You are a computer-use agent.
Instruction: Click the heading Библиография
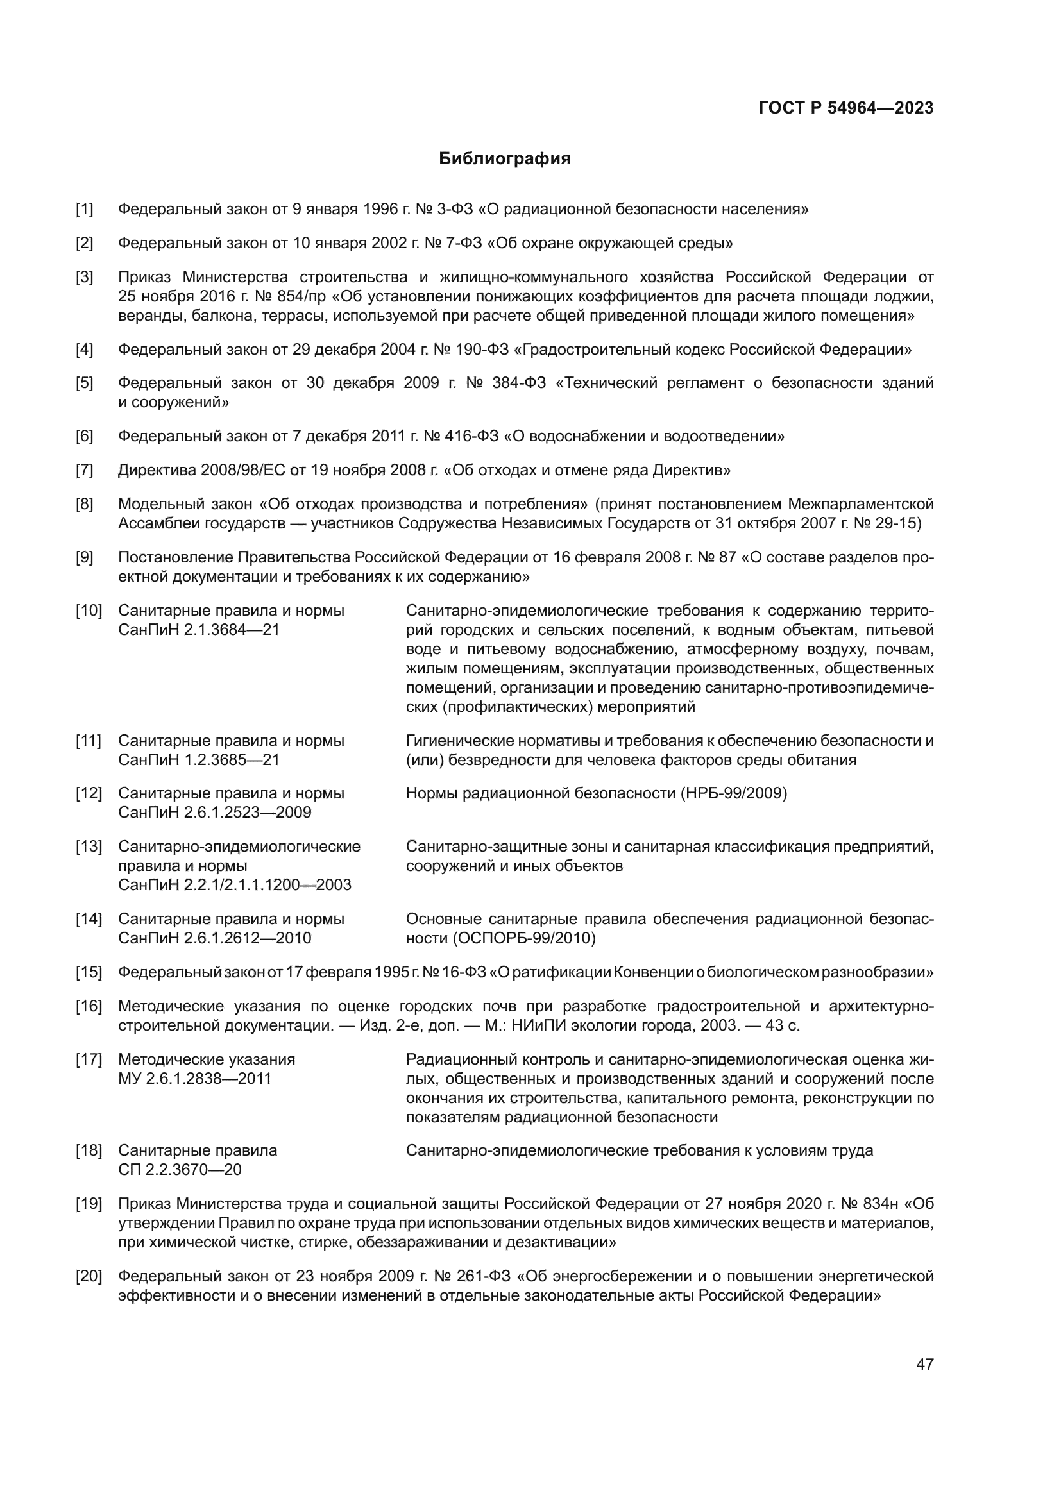click(x=504, y=159)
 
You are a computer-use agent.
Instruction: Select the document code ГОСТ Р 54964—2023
click(x=846, y=108)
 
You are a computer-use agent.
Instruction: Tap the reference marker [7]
click(x=84, y=469)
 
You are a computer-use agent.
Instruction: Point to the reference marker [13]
click(x=88, y=846)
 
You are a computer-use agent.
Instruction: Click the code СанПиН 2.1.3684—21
click(x=199, y=630)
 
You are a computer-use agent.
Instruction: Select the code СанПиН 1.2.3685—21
click(x=199, y=760)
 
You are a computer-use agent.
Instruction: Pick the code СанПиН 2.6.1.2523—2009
click(x=214, y=812)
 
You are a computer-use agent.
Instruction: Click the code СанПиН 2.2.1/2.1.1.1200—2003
click(x=235, y=884)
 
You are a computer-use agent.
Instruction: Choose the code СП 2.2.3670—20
click(x=180, y=1169)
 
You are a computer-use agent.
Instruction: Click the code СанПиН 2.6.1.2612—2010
click(x=214, y=938)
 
